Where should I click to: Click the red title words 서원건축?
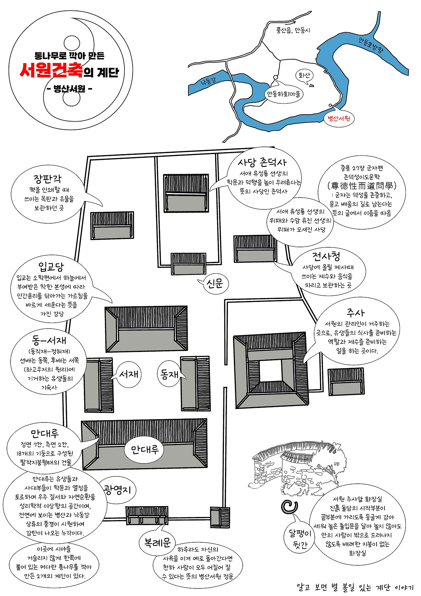click(x=51, y=71)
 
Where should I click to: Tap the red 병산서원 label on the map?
click(x=339, y=119)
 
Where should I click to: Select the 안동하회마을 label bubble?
click(x=284, y=94)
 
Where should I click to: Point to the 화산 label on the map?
click(x=304, y=75)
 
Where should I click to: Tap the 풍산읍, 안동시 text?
click(x=293, y=31)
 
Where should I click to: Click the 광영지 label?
click(x=118, y=490)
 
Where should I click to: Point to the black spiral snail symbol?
click(x=289, y=507)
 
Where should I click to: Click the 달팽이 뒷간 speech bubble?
click(x=300, y=539)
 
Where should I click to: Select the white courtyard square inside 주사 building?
click(x=270, y=371)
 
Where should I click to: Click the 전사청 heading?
click(x=326, y=256)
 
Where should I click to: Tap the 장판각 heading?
click(x=47, y=179)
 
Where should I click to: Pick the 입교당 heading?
click(x=51, y=266)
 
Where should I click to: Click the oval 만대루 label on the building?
click(x=145, y=449)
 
